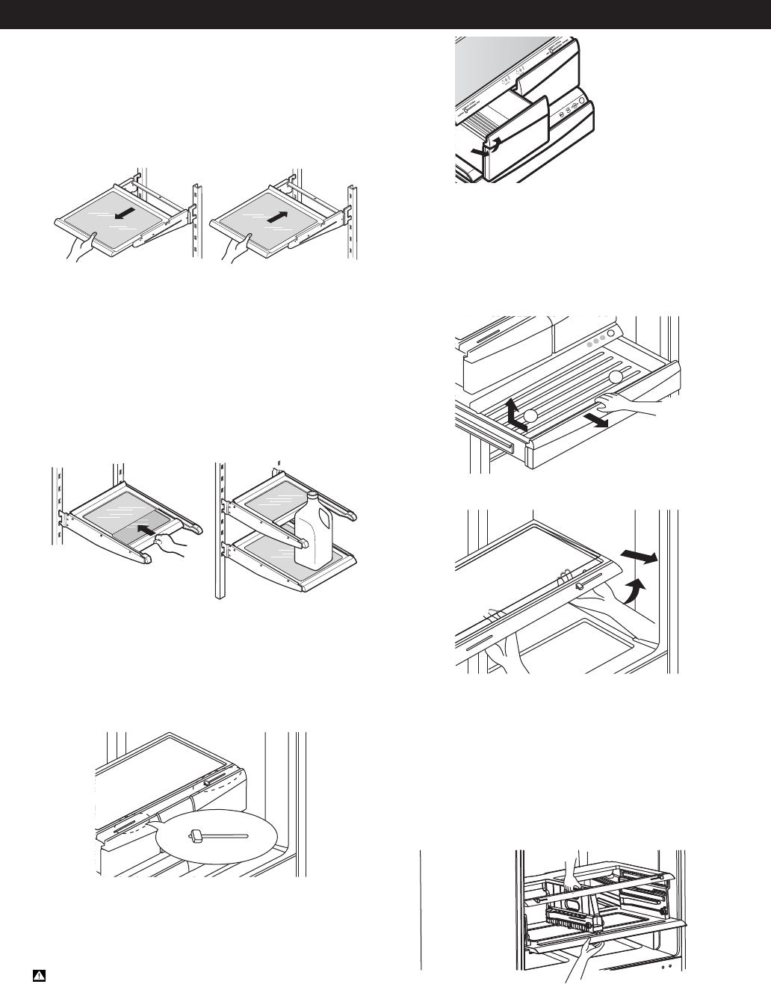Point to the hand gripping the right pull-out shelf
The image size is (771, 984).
[x=238, y=247]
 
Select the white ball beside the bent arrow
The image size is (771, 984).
[x=530, y=415]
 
